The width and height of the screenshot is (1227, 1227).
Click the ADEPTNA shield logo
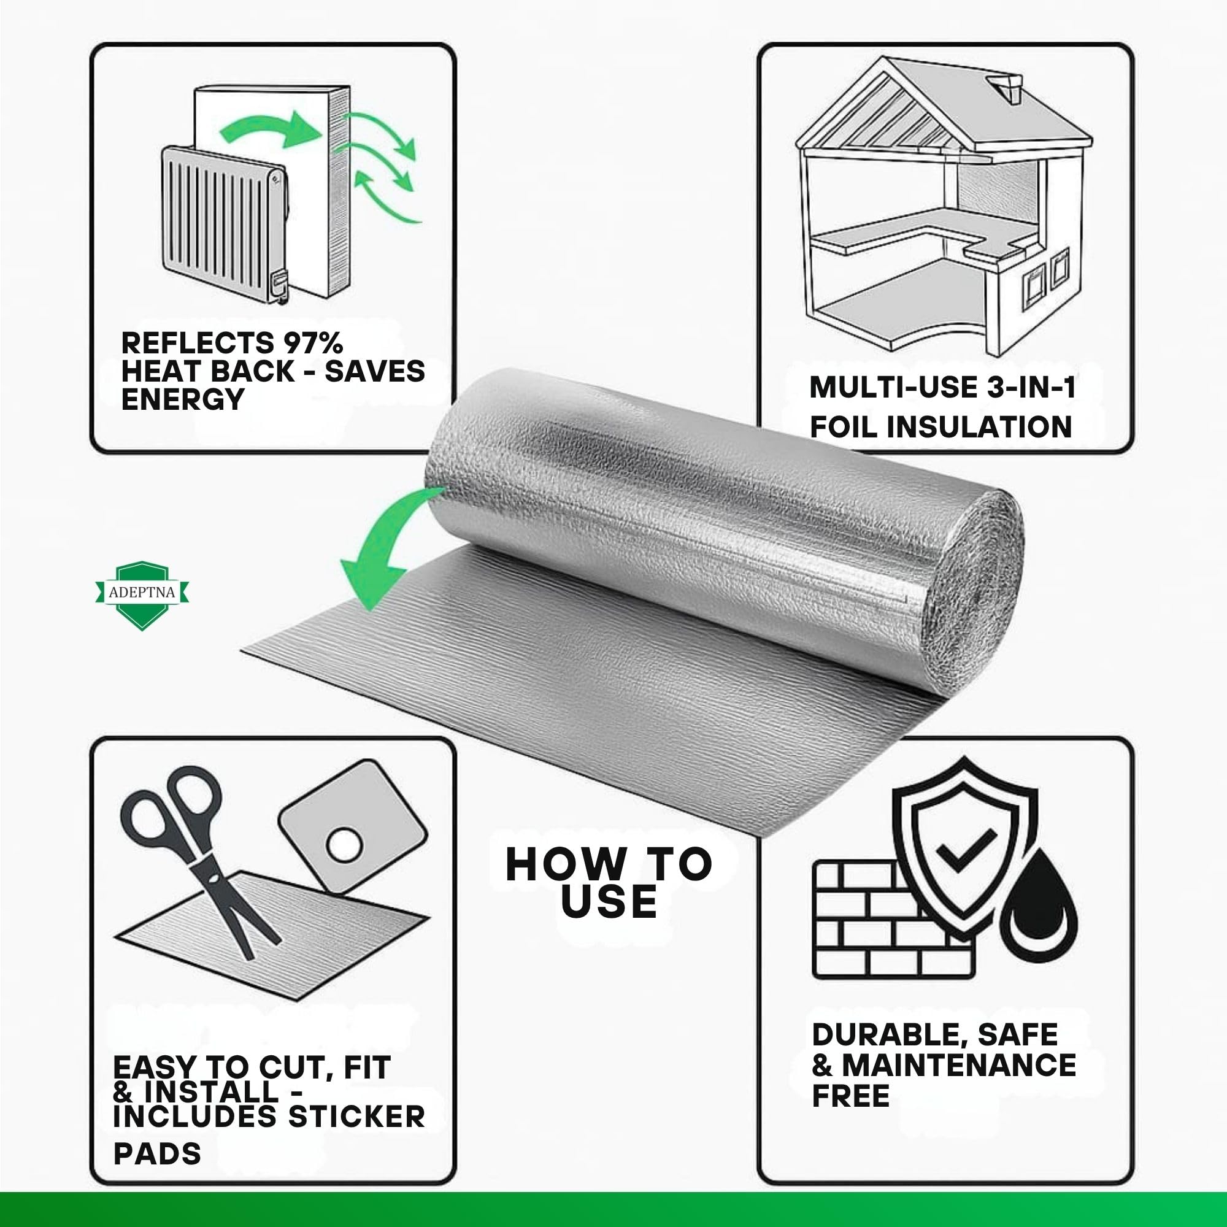coord(143,595)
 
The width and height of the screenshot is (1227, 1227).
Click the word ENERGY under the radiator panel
coord(182,399)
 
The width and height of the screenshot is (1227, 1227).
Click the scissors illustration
coord(195,859)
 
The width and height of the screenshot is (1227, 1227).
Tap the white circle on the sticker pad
coord(344,845)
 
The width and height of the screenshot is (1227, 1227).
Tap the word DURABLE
coord(890,1035)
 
